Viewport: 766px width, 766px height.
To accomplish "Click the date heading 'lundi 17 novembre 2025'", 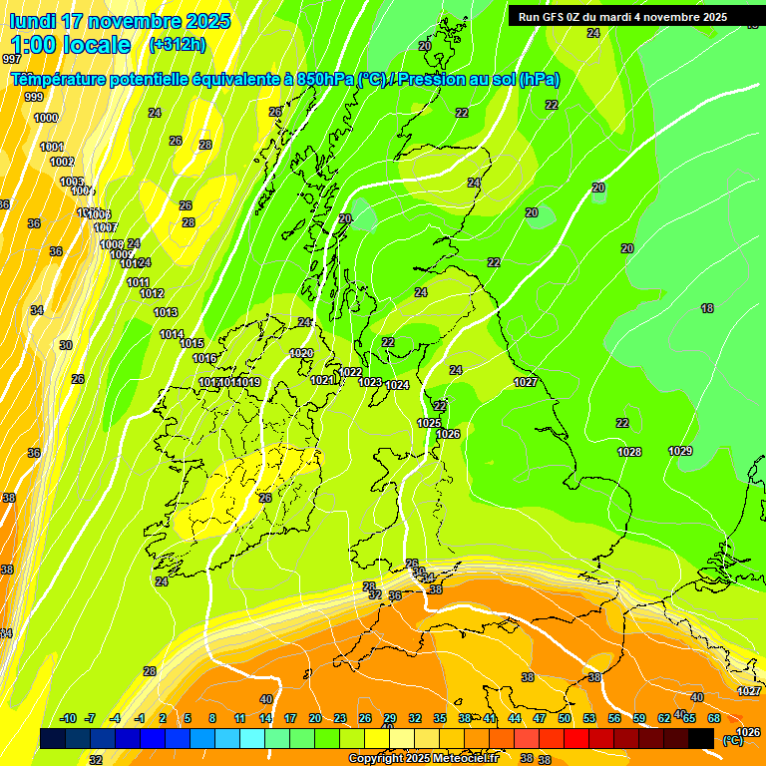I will coord(120,21).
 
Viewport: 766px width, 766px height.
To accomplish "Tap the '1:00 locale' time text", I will coord(71,45).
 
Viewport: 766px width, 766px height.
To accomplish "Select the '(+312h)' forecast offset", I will coord(177,45).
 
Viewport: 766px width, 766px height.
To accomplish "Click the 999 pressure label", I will coord(34,97).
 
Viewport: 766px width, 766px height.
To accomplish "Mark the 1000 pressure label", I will coord(46,118).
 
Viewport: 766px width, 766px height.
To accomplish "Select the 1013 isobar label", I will coord(166,313).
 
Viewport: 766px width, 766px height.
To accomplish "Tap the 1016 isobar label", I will coord(204,358).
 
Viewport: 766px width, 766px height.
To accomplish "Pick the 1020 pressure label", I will coord(301,354).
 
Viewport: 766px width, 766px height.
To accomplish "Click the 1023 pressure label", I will coord(370,382).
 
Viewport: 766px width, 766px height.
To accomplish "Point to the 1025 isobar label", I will coord(429,423).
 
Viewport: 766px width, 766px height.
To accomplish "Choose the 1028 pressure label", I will coord(629,452).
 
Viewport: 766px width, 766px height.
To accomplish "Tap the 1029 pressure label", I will coord(680,451).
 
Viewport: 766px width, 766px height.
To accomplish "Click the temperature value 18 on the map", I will coord(707,309).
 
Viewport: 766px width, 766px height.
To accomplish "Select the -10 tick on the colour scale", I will coord(68,718).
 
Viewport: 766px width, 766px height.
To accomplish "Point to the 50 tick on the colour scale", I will coord(565,718).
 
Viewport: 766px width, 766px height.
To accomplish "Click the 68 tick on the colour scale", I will coord(714,718).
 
